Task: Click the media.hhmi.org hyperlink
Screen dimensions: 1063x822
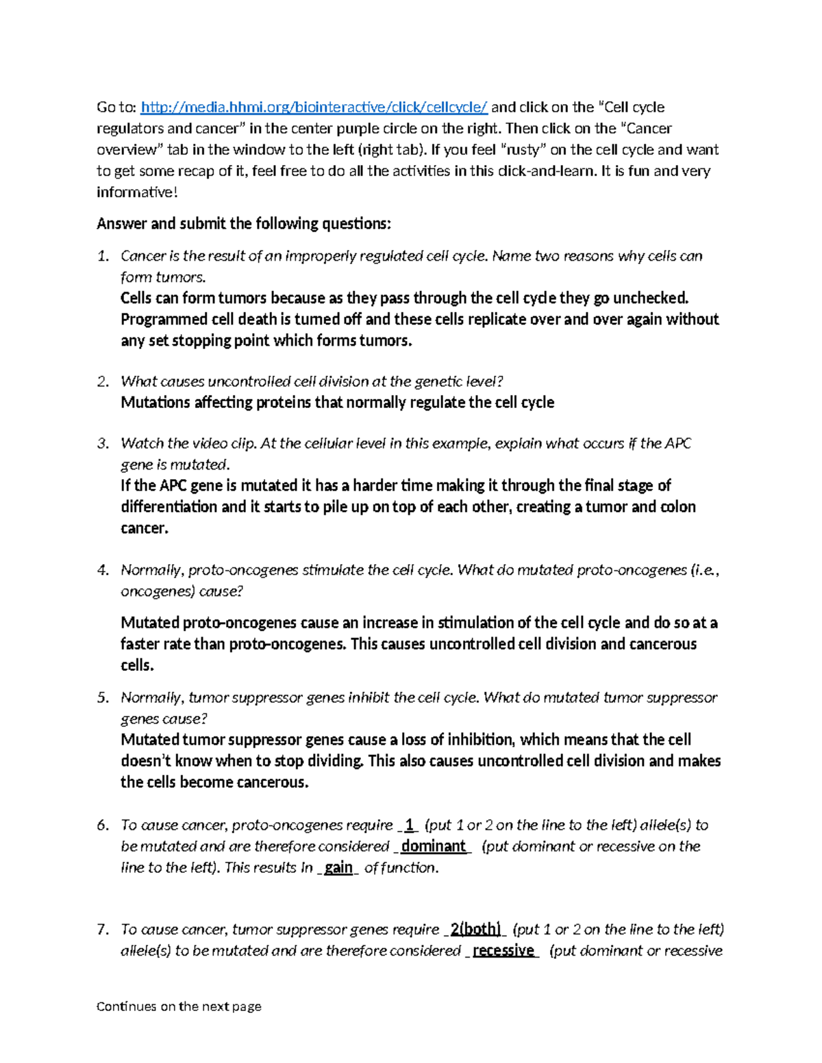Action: point(314,107)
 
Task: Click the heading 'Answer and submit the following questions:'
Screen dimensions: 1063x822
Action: point(244,224)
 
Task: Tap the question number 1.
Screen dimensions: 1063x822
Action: point(103,256)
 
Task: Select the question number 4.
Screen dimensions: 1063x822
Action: point(103,570)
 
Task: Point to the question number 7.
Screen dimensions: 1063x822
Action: point(103,930)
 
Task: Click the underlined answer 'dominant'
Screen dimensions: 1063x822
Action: point(433,846)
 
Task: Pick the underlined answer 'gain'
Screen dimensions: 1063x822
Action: point(338,868)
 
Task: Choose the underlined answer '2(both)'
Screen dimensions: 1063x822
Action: point(475,930)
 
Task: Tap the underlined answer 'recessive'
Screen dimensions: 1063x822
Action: point(503,951)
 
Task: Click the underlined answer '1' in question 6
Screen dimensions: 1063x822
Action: point(409,825)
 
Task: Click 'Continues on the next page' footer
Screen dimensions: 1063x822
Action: point(179,1006)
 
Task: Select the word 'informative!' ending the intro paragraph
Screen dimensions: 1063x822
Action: point(137,192)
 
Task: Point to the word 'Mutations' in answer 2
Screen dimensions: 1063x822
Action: point(155,402)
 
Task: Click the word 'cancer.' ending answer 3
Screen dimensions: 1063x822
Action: point(145,528)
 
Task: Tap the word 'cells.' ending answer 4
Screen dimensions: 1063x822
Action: point(137,665)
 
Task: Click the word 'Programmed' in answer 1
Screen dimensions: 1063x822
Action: point(164,320)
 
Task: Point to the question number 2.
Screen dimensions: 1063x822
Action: point(103,381)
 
